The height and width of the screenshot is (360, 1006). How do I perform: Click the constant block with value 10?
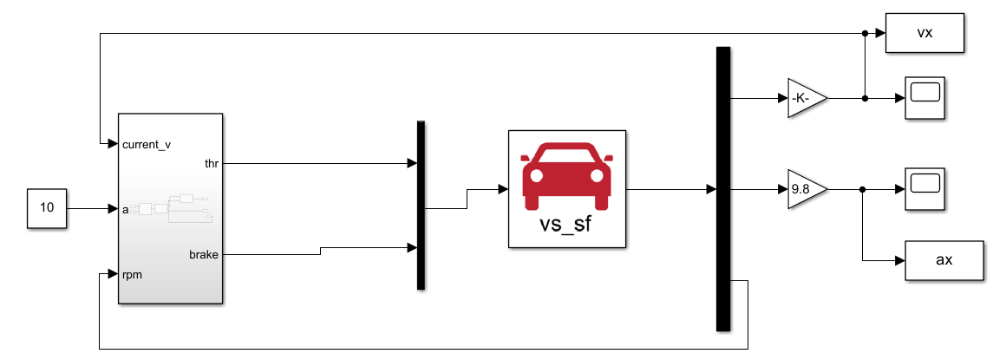pos(47,208)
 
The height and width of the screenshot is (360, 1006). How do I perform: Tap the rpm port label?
pos(133,275)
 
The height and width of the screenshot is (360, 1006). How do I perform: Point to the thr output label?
pos(212,162)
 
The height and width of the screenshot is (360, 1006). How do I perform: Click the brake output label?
pos(204,255)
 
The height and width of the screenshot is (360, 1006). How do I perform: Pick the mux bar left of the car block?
pos(421,205)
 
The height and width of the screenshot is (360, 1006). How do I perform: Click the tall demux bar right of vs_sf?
pos(723,189)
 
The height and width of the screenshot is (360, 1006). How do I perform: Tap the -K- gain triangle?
pos(806,98)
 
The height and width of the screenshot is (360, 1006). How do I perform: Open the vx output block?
pos(924,33)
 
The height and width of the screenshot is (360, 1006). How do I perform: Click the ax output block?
pos(945,260)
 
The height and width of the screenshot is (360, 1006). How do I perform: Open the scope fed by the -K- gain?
pos(924,98)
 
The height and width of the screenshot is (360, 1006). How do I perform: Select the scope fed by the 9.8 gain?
pos(924,188)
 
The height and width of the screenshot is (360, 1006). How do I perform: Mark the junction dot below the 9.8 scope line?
pos(863,189)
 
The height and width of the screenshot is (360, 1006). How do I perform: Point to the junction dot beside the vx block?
pos(865,33)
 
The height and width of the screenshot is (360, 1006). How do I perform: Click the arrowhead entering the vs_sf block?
pos(503,188)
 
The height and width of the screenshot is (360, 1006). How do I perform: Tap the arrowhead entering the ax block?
pos(901,260)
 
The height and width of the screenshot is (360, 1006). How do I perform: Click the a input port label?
pos(127,209)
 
